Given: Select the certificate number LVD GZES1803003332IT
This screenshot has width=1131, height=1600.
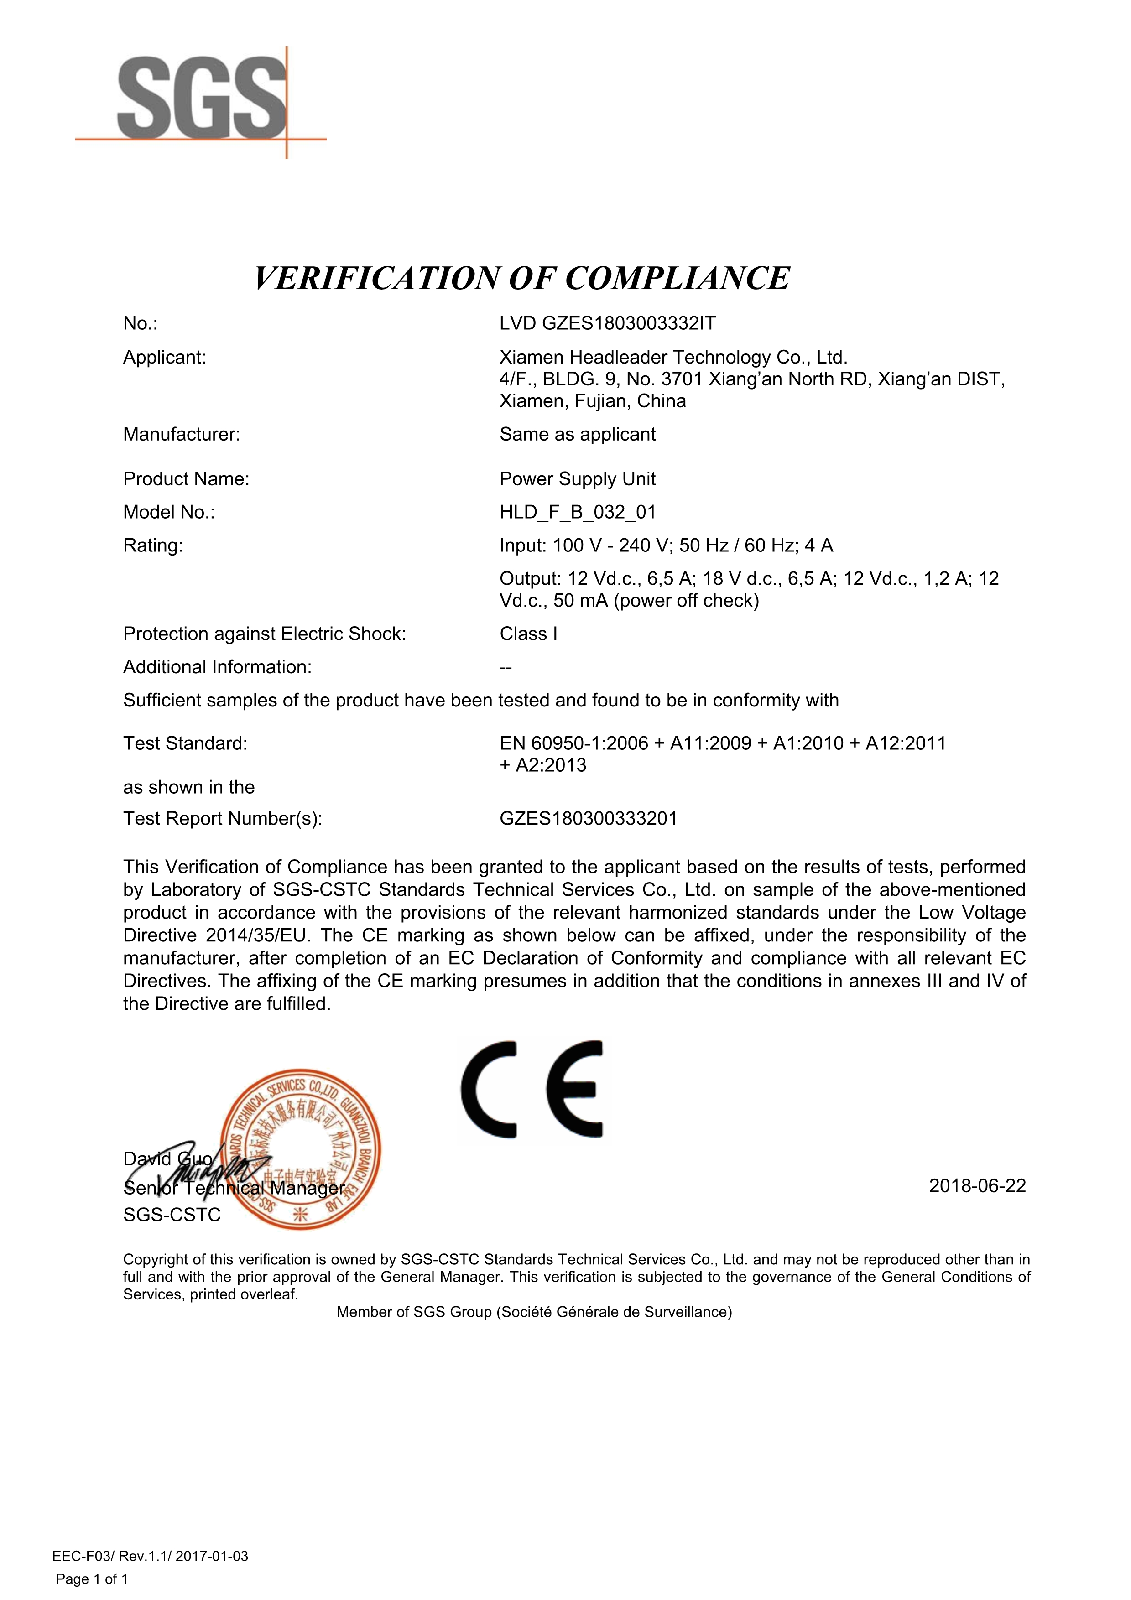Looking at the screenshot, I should pyautogui.click(x=607, y=323).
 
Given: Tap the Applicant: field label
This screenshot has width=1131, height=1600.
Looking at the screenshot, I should pyautogui.click(x=164, y=358).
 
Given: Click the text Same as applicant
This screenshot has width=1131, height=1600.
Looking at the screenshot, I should pyautogui.click(x=577, y=434).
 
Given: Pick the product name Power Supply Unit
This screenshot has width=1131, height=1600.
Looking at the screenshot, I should pyautogui.click(x=577, y=479).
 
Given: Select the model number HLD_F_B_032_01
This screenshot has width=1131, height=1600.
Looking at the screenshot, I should pyautogui.click(x=577, y=512).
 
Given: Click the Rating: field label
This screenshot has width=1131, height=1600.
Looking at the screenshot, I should pyautogui.click(x=153, y=545).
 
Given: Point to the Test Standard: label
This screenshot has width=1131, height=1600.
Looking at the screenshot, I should pyautogui.click(x=185, y=743).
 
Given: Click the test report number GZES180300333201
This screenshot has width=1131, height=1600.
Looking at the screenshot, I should pyautogui.click(x=588, y=818).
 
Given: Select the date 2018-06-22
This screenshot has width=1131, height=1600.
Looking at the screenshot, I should pyautogui.click(x=977, y=1186).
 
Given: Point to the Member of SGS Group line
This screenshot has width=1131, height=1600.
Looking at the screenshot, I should pyautogui.click(x=534, y=1312).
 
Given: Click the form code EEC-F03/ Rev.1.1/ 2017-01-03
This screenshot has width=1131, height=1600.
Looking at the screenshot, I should pyautogui.click(x=150, y=1556).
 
